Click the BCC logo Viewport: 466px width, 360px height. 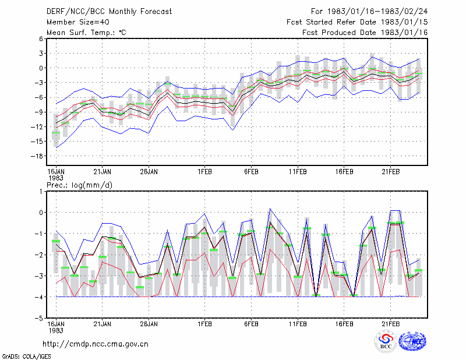coord(386,341)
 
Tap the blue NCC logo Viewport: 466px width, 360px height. coord(412,341)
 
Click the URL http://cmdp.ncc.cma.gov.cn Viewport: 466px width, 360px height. coord(96,344)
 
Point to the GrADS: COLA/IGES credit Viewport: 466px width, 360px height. coord(27,357)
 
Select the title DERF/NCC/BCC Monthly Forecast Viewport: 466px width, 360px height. coord(109,12)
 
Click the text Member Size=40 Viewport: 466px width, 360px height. coord(78,22)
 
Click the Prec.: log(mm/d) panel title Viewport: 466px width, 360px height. coord(79,185)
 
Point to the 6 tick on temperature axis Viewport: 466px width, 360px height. coord(41,38)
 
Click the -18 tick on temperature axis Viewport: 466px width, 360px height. coord(37,156)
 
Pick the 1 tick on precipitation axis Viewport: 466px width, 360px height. coord(41,192)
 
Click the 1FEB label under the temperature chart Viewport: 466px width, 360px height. coord(205,172)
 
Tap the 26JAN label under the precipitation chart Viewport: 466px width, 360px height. coord(149,324)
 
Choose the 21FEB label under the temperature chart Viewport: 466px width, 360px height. coord(391,172)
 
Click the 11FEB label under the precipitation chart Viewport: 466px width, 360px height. coord(298,324)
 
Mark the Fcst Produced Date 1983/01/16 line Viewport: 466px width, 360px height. coord(365,33)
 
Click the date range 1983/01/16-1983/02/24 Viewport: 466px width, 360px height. coord(377,12)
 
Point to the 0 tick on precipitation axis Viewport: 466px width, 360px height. coord(41,213)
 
